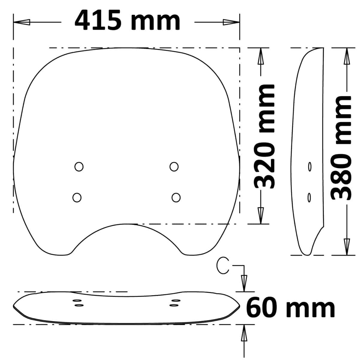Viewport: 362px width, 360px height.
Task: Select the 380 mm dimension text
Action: tap(341, 148)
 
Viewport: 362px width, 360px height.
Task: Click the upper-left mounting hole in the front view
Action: tap(79, 166)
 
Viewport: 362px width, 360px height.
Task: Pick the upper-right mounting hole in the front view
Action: tap(174, 166)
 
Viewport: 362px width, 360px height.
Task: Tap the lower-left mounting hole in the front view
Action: tap(77, 198)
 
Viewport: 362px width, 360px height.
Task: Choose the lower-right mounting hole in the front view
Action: tap(176, 198)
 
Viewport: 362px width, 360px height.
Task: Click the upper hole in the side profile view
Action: tap(310, 166)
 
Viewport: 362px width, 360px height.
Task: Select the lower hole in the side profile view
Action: tap(309, 198)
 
